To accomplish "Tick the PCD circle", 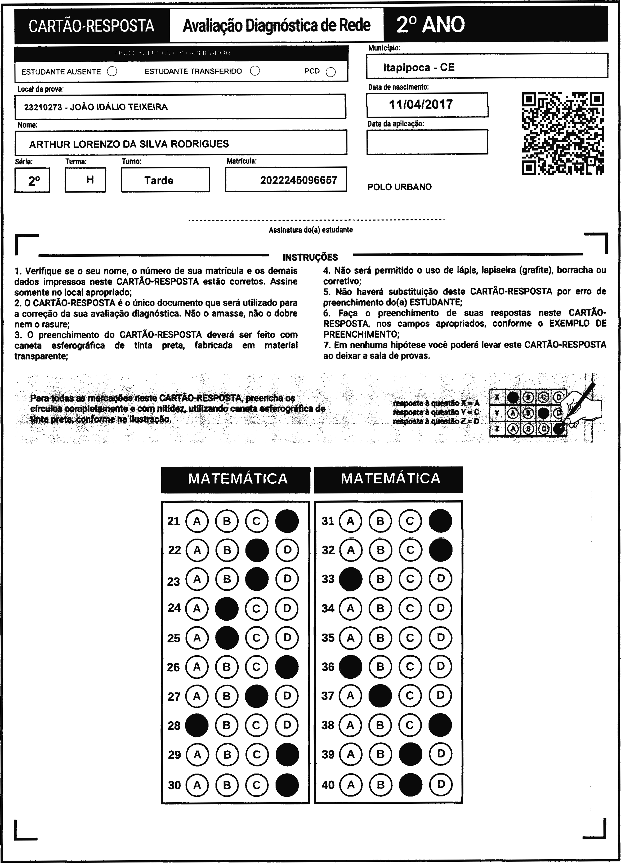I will tap(331, 72).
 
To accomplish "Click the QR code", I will tap(562, 134).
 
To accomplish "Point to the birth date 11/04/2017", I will tap(421, 104).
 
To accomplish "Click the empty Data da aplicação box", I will tap(427, 142).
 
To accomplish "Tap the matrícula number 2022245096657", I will tap(299, 180).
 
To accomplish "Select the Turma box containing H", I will tap(86, 180).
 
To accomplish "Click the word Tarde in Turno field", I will tap(159, 180).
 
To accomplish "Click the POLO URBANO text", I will tap(400, 187).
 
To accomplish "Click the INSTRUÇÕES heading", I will tap(310, 258).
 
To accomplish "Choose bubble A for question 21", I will tap(197, 521).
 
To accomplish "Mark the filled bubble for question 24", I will tap(227, 608).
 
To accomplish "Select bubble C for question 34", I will tap(410, 608).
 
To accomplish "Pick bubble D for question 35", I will tap(440, 638).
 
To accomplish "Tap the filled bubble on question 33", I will tap(350, 579).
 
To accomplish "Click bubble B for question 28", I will tap(227, 725).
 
